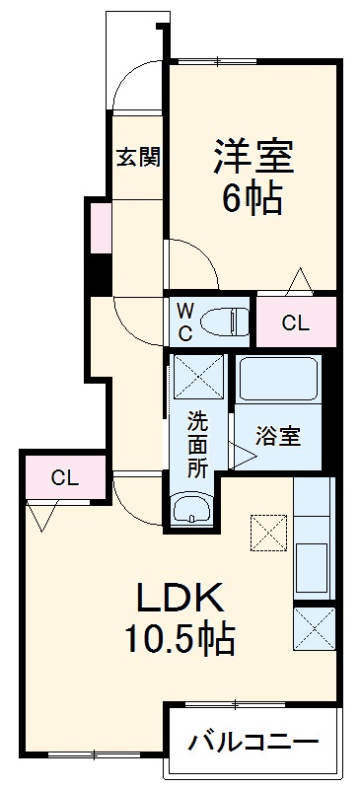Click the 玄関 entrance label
[138, 156]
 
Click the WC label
[185, 322]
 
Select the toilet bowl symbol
[222, 321]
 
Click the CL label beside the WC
[296, 322]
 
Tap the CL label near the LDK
[65, 478]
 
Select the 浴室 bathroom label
[278, 435]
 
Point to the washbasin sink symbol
[191, 509]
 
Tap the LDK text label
[179, 599]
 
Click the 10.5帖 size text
[179, 642]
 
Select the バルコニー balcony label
[253, 741]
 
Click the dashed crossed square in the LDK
[266, 534]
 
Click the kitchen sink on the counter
[315, 569]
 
